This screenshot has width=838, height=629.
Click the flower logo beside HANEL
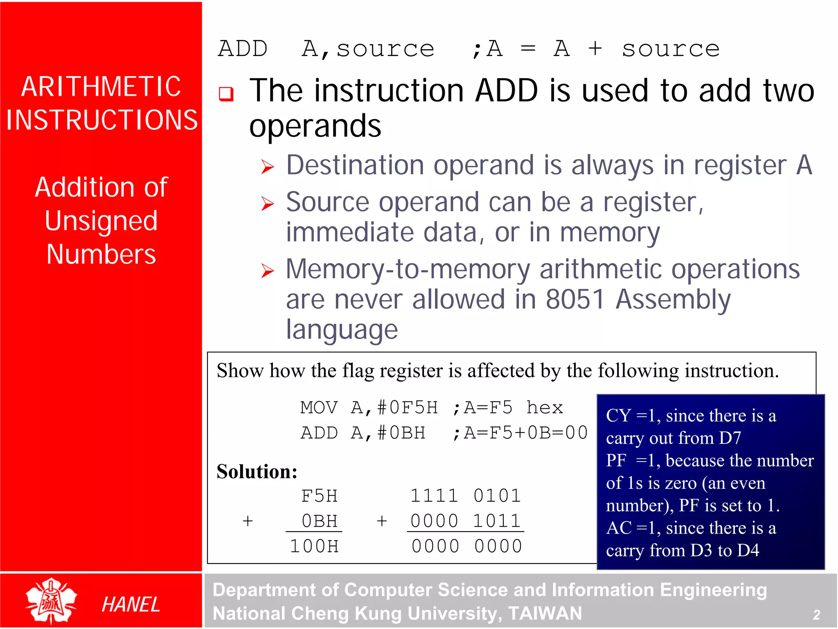tap(51, 600)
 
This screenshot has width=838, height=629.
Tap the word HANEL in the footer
tap(131, 604)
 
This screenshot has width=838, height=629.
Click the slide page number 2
tap(816, 614)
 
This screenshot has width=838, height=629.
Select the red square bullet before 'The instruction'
tap(226, 94)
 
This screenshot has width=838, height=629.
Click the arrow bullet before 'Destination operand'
tap(267, 167)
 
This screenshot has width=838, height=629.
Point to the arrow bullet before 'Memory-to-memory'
tap(267, 271)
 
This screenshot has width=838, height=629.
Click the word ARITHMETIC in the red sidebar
tap(101, 86)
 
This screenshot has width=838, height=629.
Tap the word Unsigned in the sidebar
tap(101, 221)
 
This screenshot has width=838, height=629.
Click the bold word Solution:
tap(257, 471)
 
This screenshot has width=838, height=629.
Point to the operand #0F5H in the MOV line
tap(408, 408)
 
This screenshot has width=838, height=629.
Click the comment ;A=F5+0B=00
tap(520, 433)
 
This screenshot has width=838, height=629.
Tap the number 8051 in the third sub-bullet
tap(575, 299)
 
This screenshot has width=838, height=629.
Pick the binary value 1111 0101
tap(466, 496)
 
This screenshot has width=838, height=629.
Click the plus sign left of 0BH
tap(248, 521)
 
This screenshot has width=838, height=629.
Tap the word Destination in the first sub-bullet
tap(355, 165)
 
